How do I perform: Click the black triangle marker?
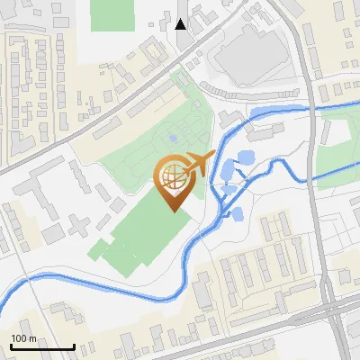[181, 23]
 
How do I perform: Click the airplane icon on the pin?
[197, 165]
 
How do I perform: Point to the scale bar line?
[42, 347]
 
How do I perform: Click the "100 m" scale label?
[23, 338]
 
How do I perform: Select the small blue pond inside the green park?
[172, 139]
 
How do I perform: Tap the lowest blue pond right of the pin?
[238, 214]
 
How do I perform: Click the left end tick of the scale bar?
[11, 346]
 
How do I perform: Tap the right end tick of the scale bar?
[74, 346]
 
